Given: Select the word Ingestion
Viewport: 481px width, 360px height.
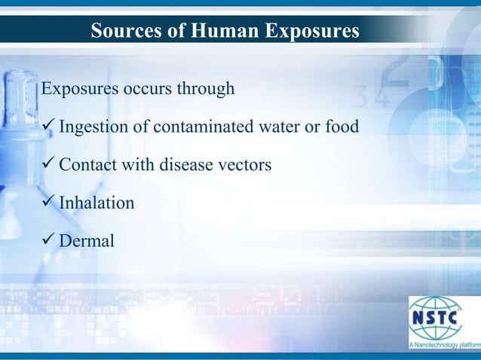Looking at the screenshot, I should [x=94, y=126].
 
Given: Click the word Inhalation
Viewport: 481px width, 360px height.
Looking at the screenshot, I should [x=97, y=203].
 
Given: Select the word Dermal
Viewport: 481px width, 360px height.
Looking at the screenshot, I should [x=87, y=241].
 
